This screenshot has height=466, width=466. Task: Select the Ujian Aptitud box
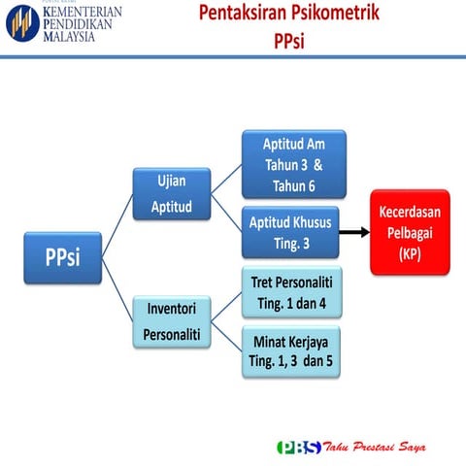[172, 194]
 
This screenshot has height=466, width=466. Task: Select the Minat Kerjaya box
[291, 352]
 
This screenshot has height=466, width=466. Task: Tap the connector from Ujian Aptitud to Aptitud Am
[225, 180]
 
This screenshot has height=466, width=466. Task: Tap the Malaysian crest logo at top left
[18, 20]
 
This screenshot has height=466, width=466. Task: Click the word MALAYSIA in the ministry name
[69, 37]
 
